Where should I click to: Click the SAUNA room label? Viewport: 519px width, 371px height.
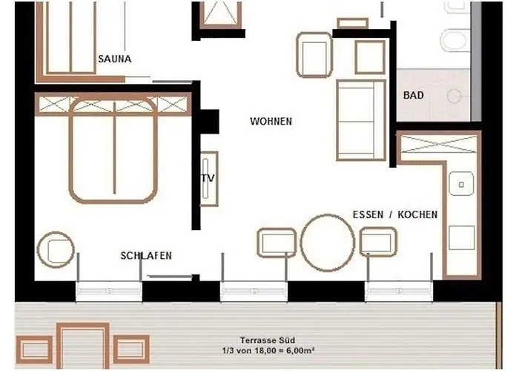point(114,59)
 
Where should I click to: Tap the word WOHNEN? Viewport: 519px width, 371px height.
point(271,122)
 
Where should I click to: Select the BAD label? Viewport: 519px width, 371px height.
point(414,96)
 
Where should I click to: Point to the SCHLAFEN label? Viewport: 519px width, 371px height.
point(146,256)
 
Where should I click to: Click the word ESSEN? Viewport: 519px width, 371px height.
point(368,214)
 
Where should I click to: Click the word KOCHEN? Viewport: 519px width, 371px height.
point(417,214)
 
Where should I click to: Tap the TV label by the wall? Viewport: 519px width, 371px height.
point(208,178)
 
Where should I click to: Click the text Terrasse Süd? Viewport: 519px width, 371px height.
point(268,340)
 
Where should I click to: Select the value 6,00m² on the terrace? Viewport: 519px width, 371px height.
point(298,350)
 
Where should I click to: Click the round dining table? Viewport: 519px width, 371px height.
point(327,243)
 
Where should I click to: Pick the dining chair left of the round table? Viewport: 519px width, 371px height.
point(277,243)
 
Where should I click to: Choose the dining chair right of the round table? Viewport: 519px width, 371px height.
point(378,242)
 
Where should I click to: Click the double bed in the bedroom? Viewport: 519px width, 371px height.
point(113,151)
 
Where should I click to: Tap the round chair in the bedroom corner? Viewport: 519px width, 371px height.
point(56,250)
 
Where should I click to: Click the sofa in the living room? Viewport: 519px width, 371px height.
point(361,120)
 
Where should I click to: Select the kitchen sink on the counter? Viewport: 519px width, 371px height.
point(461,184)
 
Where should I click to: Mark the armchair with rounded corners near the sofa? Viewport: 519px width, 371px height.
point(314,55)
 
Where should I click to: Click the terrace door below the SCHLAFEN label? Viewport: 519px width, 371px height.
point(109,291)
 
